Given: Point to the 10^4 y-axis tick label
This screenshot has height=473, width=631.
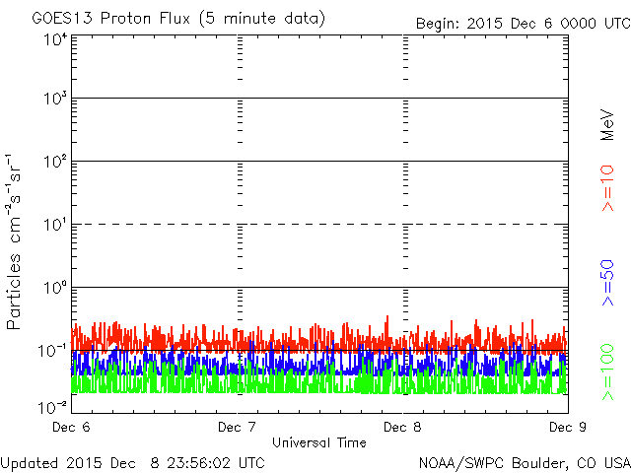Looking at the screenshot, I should [55, 40].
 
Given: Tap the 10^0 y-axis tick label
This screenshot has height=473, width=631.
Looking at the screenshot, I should [55, 290].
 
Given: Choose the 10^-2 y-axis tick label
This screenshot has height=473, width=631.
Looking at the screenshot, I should [53, 406].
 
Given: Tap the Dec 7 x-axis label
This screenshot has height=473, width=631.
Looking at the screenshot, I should [237, 427].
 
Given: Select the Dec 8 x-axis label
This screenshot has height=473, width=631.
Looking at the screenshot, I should [402, 427].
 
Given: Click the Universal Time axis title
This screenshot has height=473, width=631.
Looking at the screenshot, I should [319, 442].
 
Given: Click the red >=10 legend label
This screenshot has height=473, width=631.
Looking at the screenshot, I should [608, 187].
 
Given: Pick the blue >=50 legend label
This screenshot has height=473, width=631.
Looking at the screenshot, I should [608, 282].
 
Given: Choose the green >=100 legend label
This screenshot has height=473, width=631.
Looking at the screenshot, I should [608, 370].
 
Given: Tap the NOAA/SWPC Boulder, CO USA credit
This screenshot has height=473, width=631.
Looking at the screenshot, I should [524, 462].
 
